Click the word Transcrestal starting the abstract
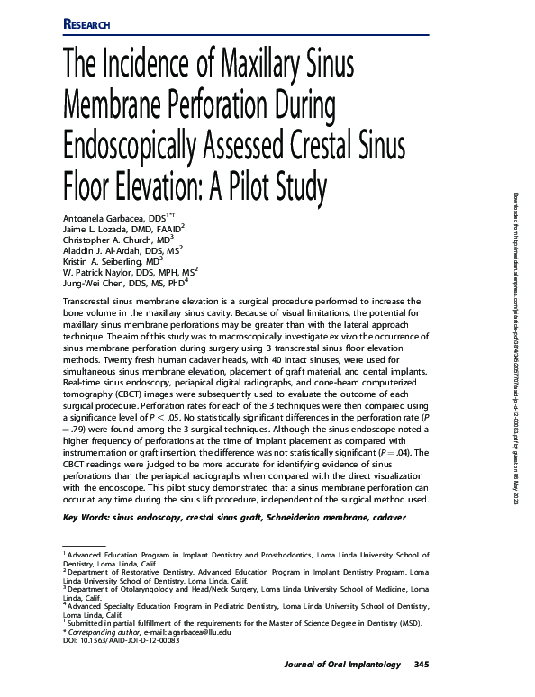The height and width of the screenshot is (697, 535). point(89,308)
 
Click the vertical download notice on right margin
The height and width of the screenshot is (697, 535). point(517,279)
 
